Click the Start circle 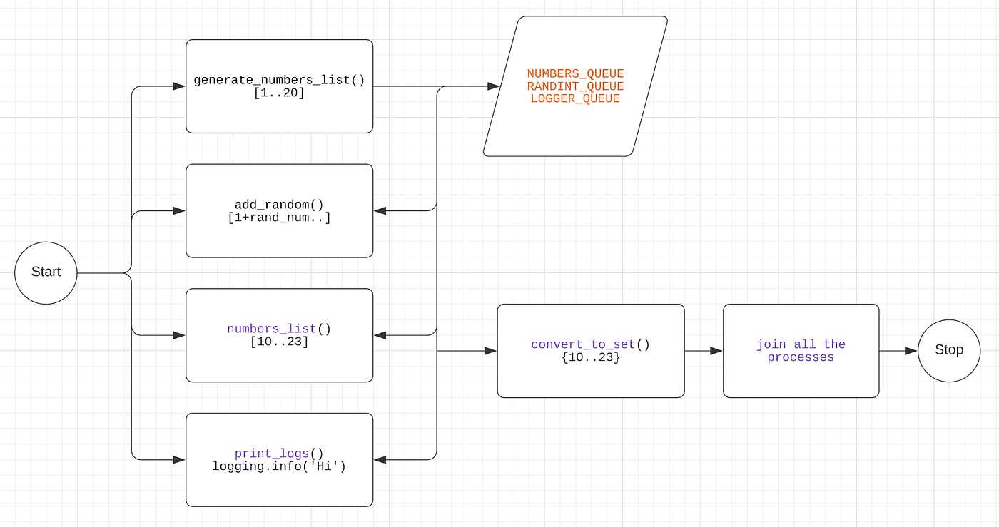[x=46, y=272]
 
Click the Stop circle [x=949, y=350]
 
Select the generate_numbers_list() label [x=279, y=80]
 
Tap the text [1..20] [x=279, y=93]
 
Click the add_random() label [x=279, y=205]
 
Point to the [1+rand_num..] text [x=279, y=218]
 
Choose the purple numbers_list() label [x=279, y=329]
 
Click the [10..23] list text [x=279, y=342]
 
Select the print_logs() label [x=279, y=454]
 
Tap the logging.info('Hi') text [x=279, y=466]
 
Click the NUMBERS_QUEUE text [x=575, y=73]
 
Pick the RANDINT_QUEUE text [x=575, y=86]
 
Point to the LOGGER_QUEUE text [x=575, y=99]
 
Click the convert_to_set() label [x=590, y=344]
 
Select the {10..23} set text [x=590, y=357]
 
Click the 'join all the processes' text [x=801, y=351]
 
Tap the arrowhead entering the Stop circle [x=911, y=350]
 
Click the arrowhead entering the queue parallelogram [x=493, y=86]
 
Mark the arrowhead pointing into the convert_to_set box [x=490, y=351]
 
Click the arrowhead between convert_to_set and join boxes [x=716, y=351]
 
